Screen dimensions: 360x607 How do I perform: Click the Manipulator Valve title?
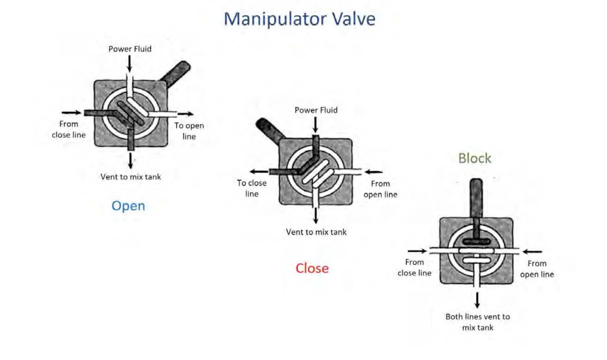pyautogui.click(x=299, y=19)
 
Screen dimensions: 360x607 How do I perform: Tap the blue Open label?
pyautogui.click(x=128, y=206)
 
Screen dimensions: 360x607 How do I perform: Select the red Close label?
pyautogui.click(x=312, y=268)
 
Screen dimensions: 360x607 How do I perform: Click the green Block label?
pyautogui.click(x=474, y=159)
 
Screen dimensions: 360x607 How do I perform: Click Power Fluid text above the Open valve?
pyautogui.click(x=130, y=49)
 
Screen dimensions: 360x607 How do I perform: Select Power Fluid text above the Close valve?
pyautogui.click(x=316, y=110)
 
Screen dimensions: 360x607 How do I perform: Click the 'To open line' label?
pyautogui.click(x=189, y=131)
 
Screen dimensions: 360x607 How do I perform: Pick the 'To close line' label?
pyautogui.click(x=252, y=188)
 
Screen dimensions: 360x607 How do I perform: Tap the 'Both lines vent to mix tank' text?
pyautogui.click(x=477, y=322)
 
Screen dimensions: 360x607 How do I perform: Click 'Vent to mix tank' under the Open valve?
pyautogui.click(x=130, y=177)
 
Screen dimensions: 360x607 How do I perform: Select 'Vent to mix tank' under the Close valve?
pyautogui.click(x=316, y=232)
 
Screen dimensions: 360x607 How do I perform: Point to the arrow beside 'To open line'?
pyautogui.click(x=186, y=114)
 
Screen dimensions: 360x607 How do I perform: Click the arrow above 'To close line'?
pyautogui.click(x=259, y=172)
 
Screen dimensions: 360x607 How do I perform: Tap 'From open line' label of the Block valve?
pyautogui.click(x=537, y=269)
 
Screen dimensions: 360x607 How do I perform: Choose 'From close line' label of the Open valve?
pyautogui.click(x=68, y=130)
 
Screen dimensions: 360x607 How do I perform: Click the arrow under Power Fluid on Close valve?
pyautogui.click(x=315, y=124)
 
